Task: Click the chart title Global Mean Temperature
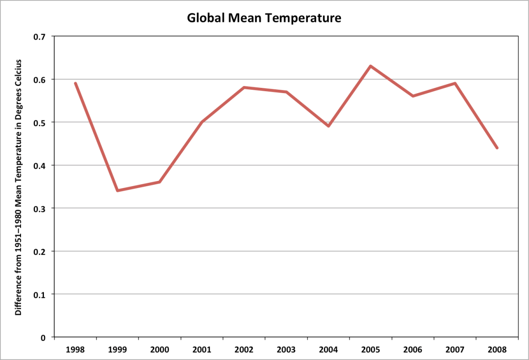pyautogui.click(x=264, y=18)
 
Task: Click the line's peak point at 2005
pyautogui.click(x=370, y=66)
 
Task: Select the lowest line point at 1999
pyautogui.click(x=117, y=191)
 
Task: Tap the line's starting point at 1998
pyautogui.click(x=75, y=84)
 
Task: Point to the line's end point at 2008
pyautogui.click(x=497, y=148)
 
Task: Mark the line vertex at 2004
pyautogui.click(x=328, y=126)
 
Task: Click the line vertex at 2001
pyautogui.click(x=202, y=122)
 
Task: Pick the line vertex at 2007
pyautogui.click(x=455, y=84)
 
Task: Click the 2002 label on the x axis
pyautogui.click(x=244, y=349)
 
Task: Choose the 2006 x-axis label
pyautogui.click(x=413, y=349)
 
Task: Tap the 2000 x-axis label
pyautogui.click(x=159, y=349)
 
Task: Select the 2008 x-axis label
pyautogui.click(x=497, y=349)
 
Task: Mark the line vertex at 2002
pyautogui.click(x=244, y=87)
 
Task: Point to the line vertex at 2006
pyautogui.click(x=413, y=96)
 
